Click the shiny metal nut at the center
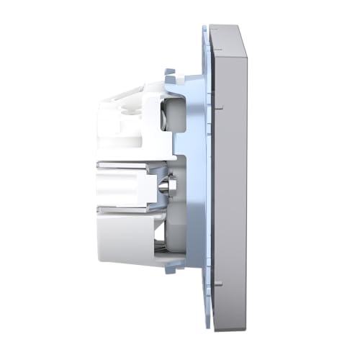[167, 186]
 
